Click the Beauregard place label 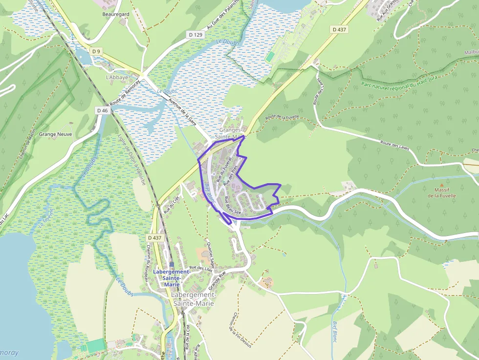click(x=116, y=15)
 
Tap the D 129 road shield click(x=195, y=35)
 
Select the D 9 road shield click(x=96, y=52)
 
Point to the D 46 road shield click(x=102, y=111)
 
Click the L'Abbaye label click(x=117, y=77)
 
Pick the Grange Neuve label click(x=55, y=134)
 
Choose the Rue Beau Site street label click(x=233, y=206)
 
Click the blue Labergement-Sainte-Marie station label click(x=170, y=278)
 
